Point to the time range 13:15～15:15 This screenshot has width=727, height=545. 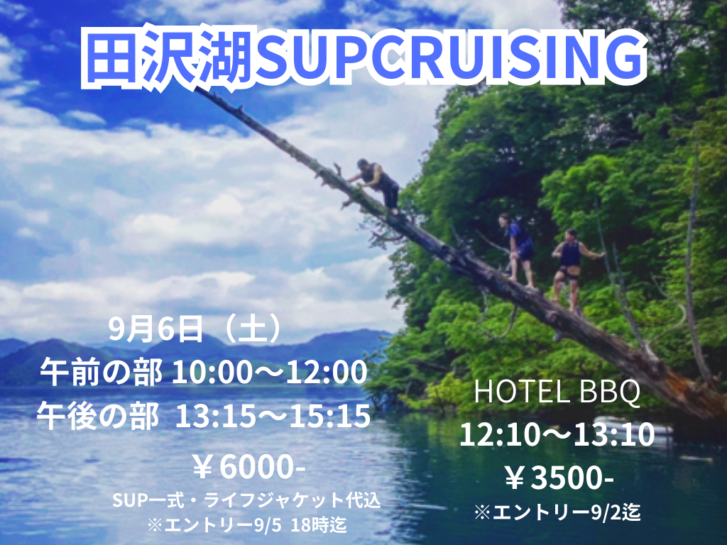point(273,416)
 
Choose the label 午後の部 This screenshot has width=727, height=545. point(98,416)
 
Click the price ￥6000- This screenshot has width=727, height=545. point(249,468)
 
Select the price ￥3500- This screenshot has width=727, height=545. point(559,478)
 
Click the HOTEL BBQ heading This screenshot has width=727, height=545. point(557,392)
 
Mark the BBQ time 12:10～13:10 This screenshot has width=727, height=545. point(557,435)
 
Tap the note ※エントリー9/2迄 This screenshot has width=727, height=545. point(557,512)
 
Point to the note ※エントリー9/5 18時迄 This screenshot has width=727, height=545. point(246,524)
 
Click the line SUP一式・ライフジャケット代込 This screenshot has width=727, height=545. point(246,500)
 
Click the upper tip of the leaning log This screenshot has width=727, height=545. point(197,89)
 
